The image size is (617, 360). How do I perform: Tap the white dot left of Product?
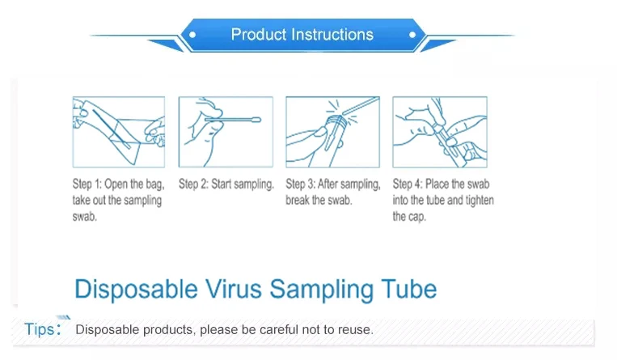192,35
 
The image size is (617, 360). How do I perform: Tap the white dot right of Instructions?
412,35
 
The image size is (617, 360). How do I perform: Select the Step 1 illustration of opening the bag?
119,132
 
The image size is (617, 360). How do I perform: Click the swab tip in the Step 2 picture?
255,120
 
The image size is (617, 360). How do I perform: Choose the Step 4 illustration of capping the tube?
440,132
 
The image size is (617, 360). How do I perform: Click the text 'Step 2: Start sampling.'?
226,184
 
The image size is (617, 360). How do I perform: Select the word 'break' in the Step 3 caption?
298,200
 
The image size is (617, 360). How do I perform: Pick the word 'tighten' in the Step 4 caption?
480,201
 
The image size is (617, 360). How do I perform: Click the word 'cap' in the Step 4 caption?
417,217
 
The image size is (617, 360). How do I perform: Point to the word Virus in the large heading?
234,289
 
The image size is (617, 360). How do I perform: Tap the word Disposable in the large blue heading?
136,290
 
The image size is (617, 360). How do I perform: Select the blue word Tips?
40,329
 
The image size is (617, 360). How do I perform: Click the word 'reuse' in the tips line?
357,330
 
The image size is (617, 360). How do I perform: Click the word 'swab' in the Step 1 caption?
84,217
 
